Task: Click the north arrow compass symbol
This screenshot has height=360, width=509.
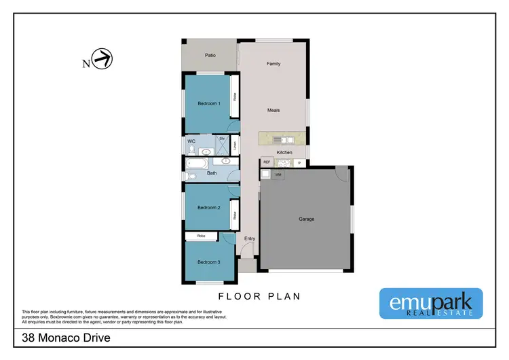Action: point(102,60)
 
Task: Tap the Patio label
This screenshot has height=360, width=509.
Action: point(210,55)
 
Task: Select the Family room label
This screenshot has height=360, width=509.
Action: point(273,64)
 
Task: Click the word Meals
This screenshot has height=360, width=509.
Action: point(274,110)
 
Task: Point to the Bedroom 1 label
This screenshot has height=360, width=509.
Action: point(208,103)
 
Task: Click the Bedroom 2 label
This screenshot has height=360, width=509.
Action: point(208,207)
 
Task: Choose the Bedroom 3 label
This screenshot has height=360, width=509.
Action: point(208,262)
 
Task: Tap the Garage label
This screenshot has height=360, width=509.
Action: point(307,219)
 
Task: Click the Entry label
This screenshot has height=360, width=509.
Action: point(249,238)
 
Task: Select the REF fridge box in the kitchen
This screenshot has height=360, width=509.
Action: point(267,162)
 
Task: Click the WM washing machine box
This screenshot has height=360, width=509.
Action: point(278,175)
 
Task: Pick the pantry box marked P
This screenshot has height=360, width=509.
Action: point(299,162)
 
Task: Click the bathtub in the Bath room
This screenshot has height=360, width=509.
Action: point(197,163)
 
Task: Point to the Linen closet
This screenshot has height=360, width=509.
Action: point(235,145)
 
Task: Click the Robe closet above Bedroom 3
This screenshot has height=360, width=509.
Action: point(202,236)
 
